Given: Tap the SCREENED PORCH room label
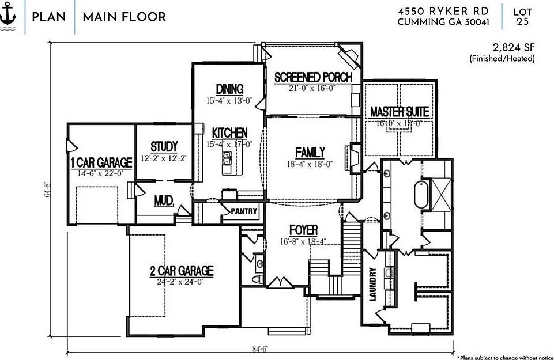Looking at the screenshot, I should pyautogui.click(x=313, y=78).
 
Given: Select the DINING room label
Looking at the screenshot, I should pyautogui.click(x=229, y=89).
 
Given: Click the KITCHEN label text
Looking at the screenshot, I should pyautogui.click(x=229, y=133).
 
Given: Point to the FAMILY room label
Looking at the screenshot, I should pyautogui.click(x=310, y=153).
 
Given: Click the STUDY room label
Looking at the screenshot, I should pyautogui.click(x=164, y=147).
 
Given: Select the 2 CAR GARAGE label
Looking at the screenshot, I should pyautogui.click(x=182, y=271).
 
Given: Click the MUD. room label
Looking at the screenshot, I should pyautogui.click(x=164, y=201).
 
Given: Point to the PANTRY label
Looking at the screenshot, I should pyautogui.click(x=244, y=211).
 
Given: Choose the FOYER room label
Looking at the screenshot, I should pyautogui.click(x=303, y=232).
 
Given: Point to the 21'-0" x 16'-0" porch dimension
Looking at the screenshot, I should pyautogui.click(x=312, y=88).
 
